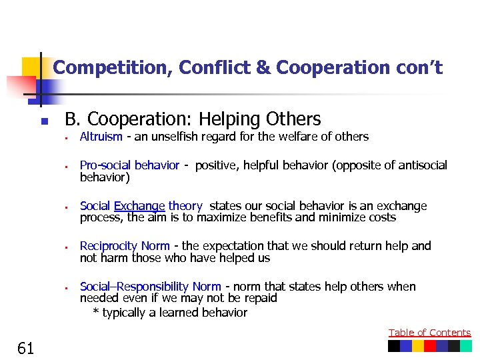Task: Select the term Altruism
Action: click(x=101, y=137)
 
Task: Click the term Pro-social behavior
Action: click(x=129, y=165)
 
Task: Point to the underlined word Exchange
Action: click(x=139, y=206)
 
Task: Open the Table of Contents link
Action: click(x=429, y=333)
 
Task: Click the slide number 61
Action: click(x=27, y=347)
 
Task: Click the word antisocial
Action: click(x=423, y=165)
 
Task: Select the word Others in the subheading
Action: click(x=293, y=120)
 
